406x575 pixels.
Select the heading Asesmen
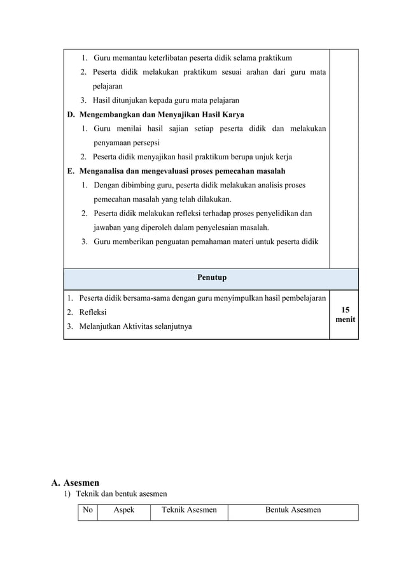(x=81, y=483)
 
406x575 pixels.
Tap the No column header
(x=88, y=510)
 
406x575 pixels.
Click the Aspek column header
(x=124, y=510)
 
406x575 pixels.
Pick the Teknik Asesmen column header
(x=189, y=510)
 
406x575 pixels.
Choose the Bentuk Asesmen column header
(x=293, y=510)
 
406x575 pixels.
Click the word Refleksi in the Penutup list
(x=93, y=312)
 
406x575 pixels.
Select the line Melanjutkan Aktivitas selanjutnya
(x=136, y=326)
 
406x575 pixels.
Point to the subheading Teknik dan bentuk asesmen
(x=122, y=495)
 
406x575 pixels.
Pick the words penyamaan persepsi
(x=127, y=143)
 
